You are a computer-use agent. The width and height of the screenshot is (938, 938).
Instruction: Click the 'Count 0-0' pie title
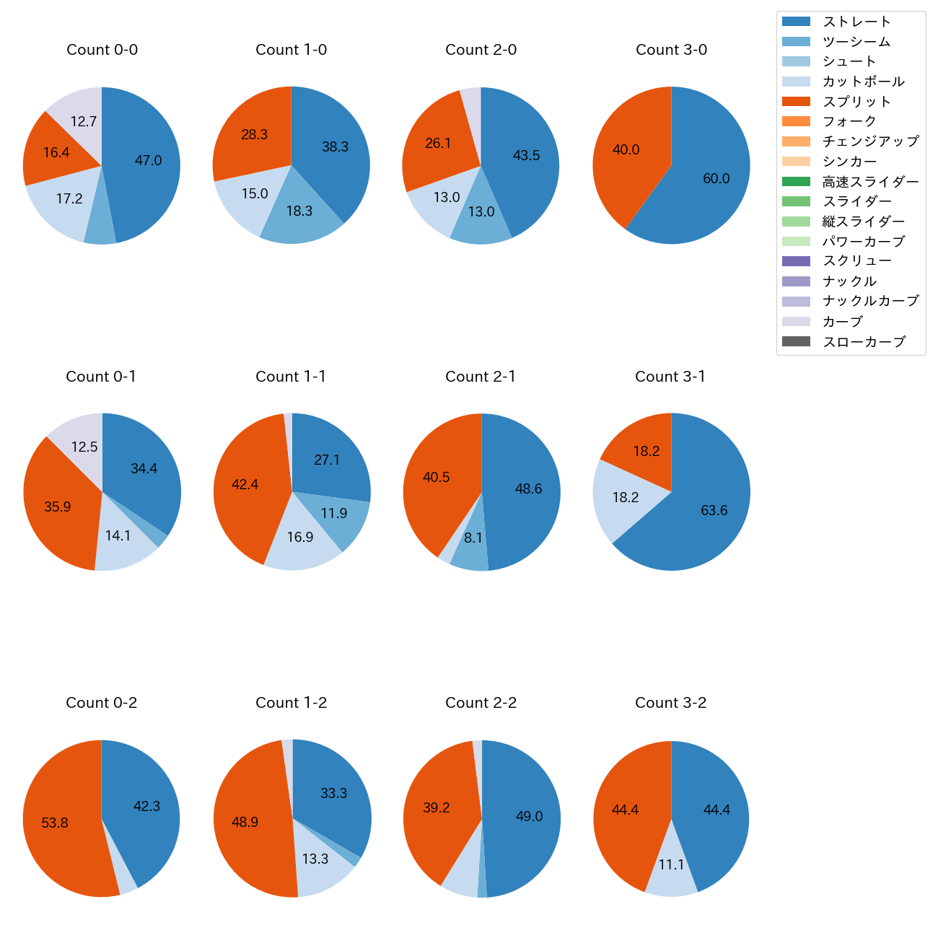tap(102, 50)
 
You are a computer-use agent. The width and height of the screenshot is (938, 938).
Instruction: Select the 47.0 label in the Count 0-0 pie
tap(148, 161)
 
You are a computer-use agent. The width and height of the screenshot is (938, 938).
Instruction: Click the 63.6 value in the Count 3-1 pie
tap(714, 511)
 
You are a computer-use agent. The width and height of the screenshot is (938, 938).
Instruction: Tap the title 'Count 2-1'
tap(481, 377)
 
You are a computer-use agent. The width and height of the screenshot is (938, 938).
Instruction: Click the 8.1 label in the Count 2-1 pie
tap(473, 538)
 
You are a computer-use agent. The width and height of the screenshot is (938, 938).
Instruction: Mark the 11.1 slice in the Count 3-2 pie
tap(671, 864)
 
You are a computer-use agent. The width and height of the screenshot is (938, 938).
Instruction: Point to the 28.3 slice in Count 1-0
tap(254, 135)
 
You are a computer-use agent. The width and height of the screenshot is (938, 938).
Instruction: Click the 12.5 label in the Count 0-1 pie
tap(84, 447)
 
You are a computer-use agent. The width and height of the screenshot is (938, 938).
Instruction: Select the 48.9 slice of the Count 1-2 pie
tap(245, 823)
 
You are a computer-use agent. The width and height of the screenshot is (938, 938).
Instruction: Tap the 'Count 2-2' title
tap(481, 703)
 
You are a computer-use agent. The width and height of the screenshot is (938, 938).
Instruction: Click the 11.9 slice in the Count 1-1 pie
tap(334, 514)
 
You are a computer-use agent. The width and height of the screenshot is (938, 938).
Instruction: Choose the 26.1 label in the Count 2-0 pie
tap(438, 144)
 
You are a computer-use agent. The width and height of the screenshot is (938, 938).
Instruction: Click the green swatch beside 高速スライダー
tap(796, 182)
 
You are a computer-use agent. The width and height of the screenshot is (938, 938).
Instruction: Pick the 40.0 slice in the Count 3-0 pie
tap(626, 150)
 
